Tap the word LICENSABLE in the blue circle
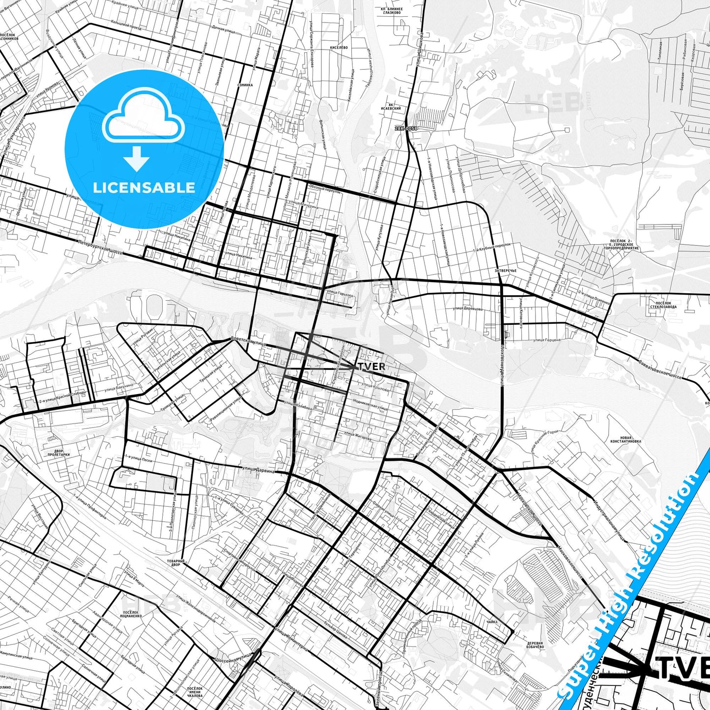click(x=144, y=187)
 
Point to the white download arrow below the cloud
click(x=137, y=158)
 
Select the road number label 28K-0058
click(x=406, y=129)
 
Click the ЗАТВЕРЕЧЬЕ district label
click(x=506, y=271)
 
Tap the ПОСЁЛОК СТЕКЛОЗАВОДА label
click(x=663, y=305)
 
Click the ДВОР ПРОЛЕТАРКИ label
click(x=58, y=453)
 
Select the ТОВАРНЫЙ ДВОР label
click(x=175, y=563)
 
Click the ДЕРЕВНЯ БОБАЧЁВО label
click(x=535, y=645)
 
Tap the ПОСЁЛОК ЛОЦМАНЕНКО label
click(x=131, y=615)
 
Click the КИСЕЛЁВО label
click(x=339, y=47)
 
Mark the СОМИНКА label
click(x=245, y=85)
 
